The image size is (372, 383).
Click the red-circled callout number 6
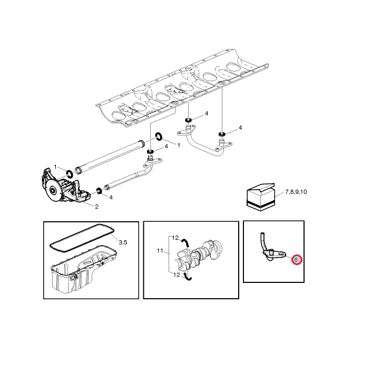click(297, 260)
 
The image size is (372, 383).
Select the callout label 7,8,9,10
click(296, 192)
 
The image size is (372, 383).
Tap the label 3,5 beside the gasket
click(123, 242)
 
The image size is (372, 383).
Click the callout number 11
click(160, 251)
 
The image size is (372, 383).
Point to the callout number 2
click(96, 207)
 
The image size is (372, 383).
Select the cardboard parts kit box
click(261, 197)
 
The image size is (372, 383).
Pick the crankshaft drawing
click(200, 254)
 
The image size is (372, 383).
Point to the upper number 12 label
click(175, 238)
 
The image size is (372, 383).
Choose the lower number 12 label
click(177, 275)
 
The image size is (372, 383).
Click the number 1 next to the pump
click(55, 167)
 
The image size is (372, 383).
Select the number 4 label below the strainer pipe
click(111, 198)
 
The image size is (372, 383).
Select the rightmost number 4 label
click(240, 127)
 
